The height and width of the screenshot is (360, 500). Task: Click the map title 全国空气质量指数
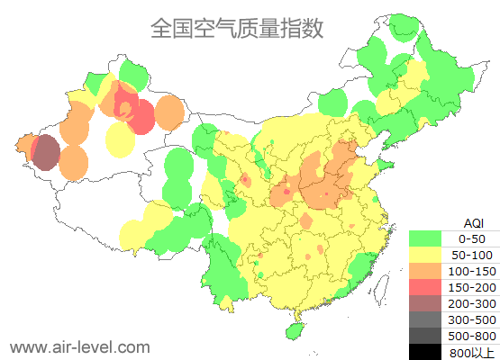pyautogui.click(x=237, y=28)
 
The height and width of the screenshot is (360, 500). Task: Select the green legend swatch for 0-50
pyautogui.click(x=425, y=238)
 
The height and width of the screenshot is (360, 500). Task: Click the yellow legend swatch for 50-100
pyautogui.click(x=425, y=255)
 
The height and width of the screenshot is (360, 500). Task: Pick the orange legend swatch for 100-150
pyautogui.click(x=425, y=271)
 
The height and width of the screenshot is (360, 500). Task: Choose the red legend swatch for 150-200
pyautogui.click(x=425, y=287)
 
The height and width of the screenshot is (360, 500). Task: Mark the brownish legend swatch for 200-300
pyautogui.click(x=425, y=303)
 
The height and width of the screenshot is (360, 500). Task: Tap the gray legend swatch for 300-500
pyautogui.click(x=425, y=319)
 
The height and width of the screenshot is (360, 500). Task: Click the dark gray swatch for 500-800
pyautogui.click(x=425, y=336)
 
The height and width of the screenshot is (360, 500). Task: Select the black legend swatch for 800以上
pyautogui.click(x=425, y=351)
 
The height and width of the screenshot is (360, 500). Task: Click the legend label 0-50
pyautogui.click(x=472, y=238)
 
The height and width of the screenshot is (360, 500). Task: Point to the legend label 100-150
pyautogui.click(x=472, y=271)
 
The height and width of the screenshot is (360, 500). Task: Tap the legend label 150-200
pyautogui.click(x=472, y=287)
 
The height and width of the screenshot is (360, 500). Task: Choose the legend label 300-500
pyautogui.click(x=472, y=319)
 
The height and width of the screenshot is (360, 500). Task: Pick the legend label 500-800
pyautogui.click(x=472, y=336)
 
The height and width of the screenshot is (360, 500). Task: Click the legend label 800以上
pyautogui.click(x=472, y=352)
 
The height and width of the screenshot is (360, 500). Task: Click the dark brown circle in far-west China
pyautogui.click(x=46, y=153)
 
